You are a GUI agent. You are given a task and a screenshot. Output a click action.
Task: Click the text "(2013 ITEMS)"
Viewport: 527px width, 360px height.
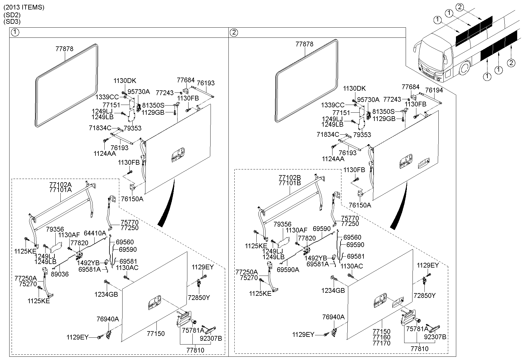coord(24,7)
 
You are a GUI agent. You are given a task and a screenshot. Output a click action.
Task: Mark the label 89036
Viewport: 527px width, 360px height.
coord(60,274)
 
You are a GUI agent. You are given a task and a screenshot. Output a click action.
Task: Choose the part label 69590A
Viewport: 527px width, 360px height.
coord(288,270)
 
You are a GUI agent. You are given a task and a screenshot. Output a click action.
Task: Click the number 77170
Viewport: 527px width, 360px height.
coord(382,343)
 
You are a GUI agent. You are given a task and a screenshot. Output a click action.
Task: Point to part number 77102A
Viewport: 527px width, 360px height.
coord(60,184)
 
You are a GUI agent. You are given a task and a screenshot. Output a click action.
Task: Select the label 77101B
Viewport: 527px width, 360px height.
coord(290,183)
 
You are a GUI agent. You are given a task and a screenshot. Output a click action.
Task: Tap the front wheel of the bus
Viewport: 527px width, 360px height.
coord(464,70)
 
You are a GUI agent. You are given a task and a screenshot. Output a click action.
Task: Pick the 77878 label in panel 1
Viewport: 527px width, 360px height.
coord(64,49)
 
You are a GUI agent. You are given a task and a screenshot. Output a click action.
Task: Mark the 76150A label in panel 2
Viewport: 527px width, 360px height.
coord(360,205)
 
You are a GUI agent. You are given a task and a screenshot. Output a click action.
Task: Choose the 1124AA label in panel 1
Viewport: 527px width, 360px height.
coord(105,153)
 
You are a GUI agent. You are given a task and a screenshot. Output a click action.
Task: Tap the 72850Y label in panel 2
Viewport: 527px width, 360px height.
coord(424,295)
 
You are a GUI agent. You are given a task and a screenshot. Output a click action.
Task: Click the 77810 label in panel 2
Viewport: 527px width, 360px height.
coord(419,349)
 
